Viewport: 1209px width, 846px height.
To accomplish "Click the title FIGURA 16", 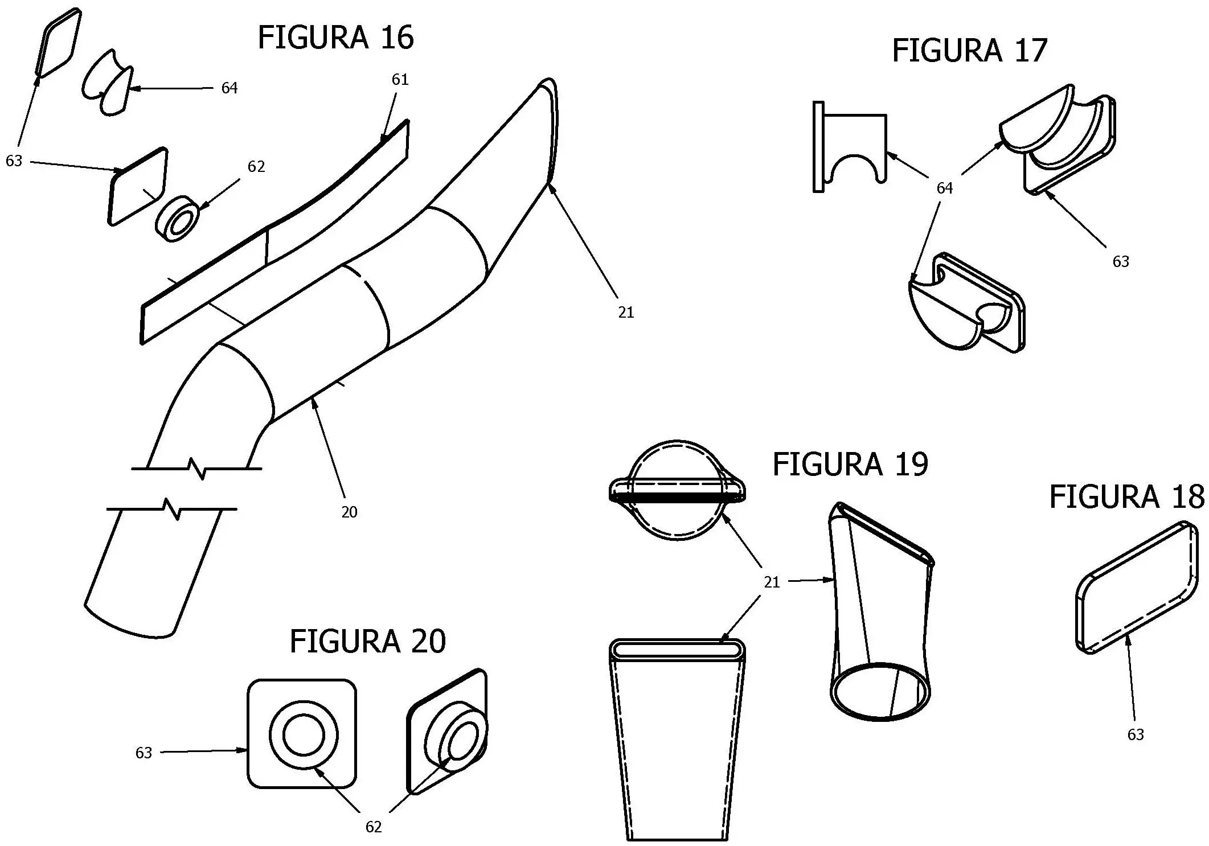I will pos(335,38).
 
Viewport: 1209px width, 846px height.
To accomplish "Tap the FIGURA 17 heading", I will pos(969,51).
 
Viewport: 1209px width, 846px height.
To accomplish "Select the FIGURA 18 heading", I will pos(1126,497).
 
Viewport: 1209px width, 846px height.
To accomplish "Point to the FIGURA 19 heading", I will pos(850,465).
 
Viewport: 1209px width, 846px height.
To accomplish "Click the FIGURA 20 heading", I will pos(367,642).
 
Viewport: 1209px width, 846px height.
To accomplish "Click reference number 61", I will pos(400,80).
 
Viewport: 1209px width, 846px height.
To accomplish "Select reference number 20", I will pos(349,512).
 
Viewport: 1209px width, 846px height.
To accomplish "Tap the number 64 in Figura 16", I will pos(229,88).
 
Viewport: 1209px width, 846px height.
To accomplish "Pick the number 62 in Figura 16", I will pos(256,166).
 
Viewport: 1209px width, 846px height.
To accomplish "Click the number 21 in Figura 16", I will pos(626,313).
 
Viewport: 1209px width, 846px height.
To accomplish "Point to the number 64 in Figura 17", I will pos(944,188).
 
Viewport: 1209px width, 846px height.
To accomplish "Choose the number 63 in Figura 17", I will pos(1121,262).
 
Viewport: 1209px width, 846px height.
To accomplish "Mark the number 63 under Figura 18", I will pos(1136,735).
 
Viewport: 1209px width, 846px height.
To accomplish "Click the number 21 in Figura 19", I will pos(772,582).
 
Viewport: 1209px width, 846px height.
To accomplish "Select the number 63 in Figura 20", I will pos(144,753).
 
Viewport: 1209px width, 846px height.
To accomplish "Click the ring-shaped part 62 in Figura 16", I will pos(177,219).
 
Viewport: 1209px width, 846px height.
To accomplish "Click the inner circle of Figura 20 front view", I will pos(304,735).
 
